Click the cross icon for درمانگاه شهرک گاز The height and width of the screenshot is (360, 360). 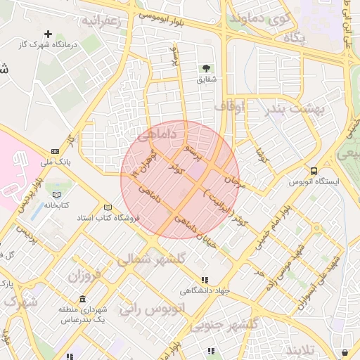(x=49, y=34)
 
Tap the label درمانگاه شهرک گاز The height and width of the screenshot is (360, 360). (x=49, y=45)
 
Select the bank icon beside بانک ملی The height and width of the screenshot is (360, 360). (x=56, y=151)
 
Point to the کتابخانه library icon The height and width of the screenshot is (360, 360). (x=56, y=194)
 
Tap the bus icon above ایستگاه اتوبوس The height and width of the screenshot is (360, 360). (x=314, y=171)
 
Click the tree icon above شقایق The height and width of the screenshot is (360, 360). (x=206, y=68)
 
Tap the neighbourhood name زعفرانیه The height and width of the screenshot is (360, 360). (x=102, y=21)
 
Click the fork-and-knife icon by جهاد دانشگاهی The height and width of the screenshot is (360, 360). (x=205, y=280)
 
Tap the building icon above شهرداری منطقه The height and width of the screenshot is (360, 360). (x=83, y=299)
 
